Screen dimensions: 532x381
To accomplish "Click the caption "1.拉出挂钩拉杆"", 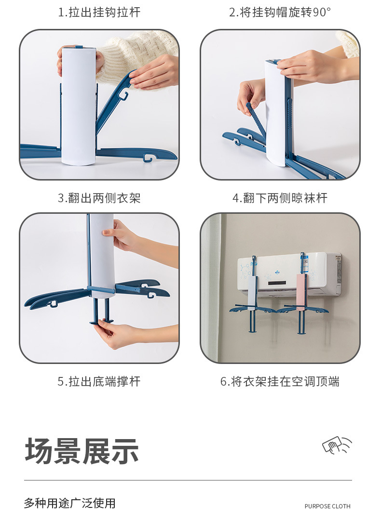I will pos(99,13).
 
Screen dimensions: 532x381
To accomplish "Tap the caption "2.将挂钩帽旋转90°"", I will pos(280,13).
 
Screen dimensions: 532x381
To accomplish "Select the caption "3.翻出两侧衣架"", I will pos(99,198).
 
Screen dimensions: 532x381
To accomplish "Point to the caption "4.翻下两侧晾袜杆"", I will pos(280,198).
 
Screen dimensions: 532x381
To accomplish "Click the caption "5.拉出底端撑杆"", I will pos(99,382).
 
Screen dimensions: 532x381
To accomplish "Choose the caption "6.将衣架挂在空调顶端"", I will pos(280,382).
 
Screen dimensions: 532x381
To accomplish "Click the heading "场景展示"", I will pos(82,451).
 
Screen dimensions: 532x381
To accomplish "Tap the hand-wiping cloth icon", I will pos(337,445).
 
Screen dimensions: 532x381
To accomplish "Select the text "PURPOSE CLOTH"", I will pos(327,506).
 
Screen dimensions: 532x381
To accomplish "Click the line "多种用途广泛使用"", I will pos(69,504).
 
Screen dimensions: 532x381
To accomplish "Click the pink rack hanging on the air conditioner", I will pos(301,293).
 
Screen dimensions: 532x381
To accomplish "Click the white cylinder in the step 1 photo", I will pos(79,106).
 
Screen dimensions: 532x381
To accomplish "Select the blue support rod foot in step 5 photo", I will pos(101,320).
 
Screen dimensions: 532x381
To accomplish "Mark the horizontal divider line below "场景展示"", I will pos(188,480).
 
